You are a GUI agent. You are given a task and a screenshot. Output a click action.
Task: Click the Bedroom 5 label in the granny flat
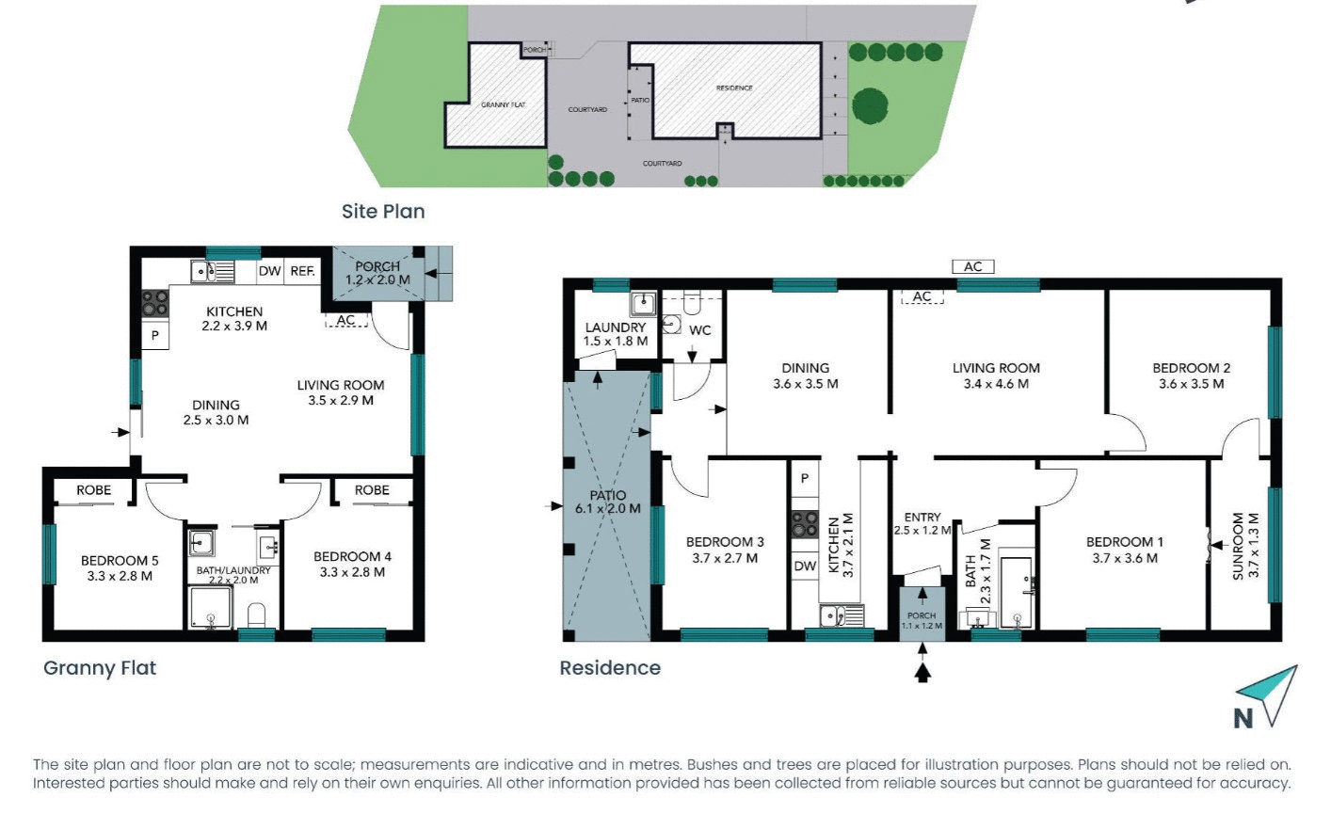120,561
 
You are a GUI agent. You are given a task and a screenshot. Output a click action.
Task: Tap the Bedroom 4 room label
352,557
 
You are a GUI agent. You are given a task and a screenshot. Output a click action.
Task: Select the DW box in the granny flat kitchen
269,271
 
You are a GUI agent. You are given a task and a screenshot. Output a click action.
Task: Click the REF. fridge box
302,271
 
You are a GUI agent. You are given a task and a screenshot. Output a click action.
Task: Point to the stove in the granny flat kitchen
155,303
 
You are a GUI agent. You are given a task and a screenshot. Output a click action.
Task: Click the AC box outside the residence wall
972,266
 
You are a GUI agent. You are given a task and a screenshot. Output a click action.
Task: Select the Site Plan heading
383,212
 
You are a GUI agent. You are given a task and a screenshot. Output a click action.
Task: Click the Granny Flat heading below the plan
100,668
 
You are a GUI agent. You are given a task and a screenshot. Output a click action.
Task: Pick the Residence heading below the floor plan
610,668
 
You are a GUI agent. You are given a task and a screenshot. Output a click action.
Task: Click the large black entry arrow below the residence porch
922,671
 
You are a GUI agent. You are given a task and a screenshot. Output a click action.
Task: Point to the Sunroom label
1239,545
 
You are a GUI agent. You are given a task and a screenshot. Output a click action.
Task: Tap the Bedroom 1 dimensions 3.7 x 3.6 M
1125,558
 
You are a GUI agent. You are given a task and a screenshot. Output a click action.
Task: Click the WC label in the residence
699,330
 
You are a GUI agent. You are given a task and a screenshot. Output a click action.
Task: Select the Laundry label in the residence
616,327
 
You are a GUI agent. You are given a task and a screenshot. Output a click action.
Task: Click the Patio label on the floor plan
608,495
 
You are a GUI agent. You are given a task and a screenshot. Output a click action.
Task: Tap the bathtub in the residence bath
1017,591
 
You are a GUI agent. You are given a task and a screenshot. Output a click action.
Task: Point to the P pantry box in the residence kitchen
804,478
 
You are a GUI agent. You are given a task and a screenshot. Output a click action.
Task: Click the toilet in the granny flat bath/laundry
257,616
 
